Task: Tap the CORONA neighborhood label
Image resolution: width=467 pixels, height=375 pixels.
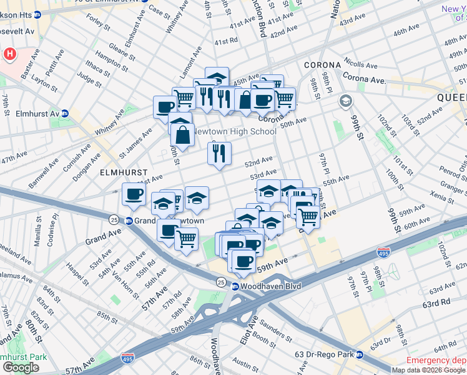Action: pos(322,65)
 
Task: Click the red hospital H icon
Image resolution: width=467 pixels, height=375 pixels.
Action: pos(9,54)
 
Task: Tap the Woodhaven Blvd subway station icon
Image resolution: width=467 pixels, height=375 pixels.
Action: pos(235,286)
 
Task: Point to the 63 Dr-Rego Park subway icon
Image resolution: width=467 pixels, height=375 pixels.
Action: pos(360,355)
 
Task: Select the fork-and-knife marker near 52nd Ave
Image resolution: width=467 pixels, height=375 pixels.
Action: pos(219,153)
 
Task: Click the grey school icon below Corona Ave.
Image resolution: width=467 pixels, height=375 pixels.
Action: pos(345,101)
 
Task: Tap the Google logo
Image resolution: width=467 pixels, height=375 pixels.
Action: pos(21,367)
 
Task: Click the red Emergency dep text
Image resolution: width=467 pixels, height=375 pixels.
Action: pos(436,361)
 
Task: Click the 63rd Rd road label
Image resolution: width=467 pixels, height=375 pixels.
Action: pos(436,302)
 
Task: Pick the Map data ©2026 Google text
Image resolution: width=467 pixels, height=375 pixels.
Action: pos(429,370)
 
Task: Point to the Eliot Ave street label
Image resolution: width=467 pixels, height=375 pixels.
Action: pos(253,329)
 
